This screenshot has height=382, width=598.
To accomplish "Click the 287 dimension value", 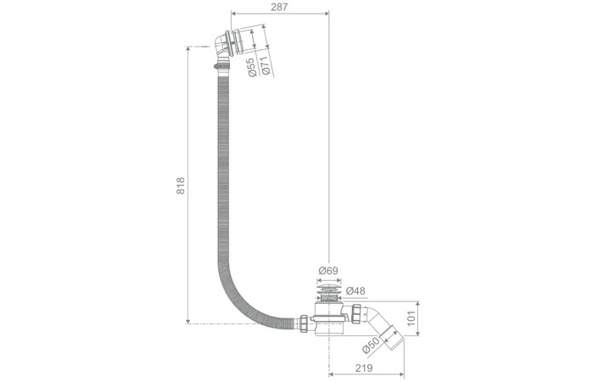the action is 280,7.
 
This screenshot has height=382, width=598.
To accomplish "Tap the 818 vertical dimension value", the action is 181,185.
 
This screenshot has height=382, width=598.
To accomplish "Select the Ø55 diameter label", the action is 252,67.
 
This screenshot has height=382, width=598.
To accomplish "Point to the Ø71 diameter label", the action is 266,65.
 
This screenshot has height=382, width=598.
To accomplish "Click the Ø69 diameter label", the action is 328,271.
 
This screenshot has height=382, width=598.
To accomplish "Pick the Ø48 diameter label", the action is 355,291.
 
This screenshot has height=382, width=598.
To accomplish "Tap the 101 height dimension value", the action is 411,318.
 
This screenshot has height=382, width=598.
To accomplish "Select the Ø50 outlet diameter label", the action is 371,345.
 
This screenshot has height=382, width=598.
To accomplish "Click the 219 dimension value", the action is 363,368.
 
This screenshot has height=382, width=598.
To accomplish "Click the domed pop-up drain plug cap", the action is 327,286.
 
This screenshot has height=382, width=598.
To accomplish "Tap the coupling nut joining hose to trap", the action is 304,323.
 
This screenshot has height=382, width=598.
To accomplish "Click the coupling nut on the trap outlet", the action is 356,312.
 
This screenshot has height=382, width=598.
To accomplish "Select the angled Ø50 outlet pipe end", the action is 392,337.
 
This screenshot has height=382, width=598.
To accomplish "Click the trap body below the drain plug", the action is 329,320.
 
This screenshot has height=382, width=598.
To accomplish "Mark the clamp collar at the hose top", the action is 222,67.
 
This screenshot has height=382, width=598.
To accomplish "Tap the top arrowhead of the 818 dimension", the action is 187,50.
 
